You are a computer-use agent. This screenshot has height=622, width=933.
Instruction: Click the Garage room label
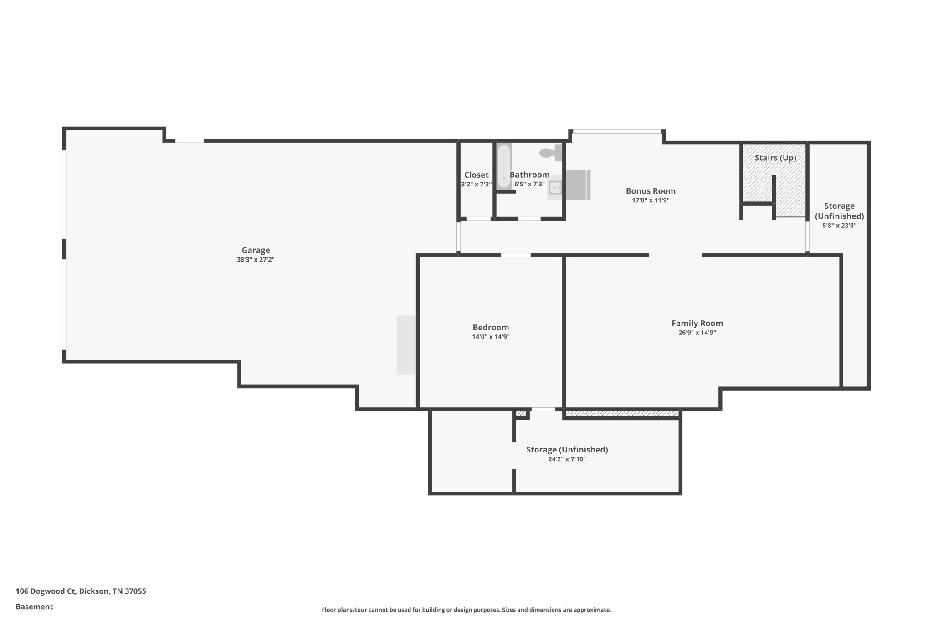pyautogui.click(x=256, y=250)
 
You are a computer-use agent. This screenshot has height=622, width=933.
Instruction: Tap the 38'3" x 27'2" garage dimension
pyautogui.click(x=256, y=260)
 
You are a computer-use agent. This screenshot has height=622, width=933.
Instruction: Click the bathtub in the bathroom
pyautogui.click(x=504, y=166)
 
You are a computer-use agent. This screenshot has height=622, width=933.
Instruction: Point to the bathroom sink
pyautogui.click(x=555, y=188)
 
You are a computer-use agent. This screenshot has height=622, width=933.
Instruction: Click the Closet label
pyautogui.click(x=476, y=175)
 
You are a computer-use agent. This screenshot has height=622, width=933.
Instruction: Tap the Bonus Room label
pyautogui.click(x=650, y=191)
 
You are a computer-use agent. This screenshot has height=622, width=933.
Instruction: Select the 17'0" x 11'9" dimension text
pyautogui.click(x=650, y=200)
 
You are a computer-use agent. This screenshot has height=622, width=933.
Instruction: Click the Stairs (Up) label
pyautogui.click(x=775, y=158)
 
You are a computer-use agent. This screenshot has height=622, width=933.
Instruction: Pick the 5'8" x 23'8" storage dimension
pyautogui.click(x=839, y=226)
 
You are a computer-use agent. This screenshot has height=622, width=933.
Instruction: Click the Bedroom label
pyautogui.click(x=491, y=327)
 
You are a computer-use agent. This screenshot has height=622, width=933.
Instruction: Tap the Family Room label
pyautogui.click(x=697, y=323)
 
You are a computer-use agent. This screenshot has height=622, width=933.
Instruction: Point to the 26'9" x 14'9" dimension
pyautogui.click(x=697, y=333)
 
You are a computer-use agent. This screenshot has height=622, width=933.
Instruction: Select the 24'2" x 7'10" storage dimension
pyautogui.click(x=567, y=459)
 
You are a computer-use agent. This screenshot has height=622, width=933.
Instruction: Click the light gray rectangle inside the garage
pyautogui.click(x=406, y=345)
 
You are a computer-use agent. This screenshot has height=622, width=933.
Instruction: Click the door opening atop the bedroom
pyautogui.click(x=516, y=255)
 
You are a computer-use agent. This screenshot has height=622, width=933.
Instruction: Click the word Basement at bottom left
pyautogui.click(x=34, y=607)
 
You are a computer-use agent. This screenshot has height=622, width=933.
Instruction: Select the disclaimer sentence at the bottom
pyautogui.click(x=466, y=610)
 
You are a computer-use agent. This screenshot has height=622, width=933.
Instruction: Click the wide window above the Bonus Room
pyautogui.click(x=616, y=132)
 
